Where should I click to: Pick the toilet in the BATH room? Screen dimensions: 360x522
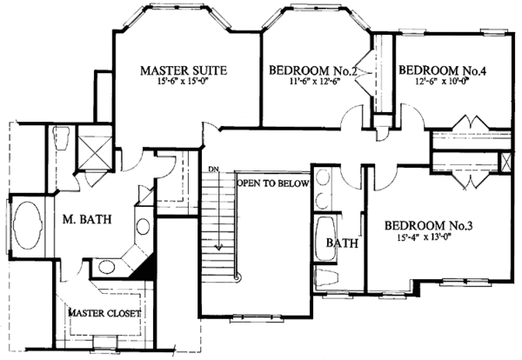(325, 280)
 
